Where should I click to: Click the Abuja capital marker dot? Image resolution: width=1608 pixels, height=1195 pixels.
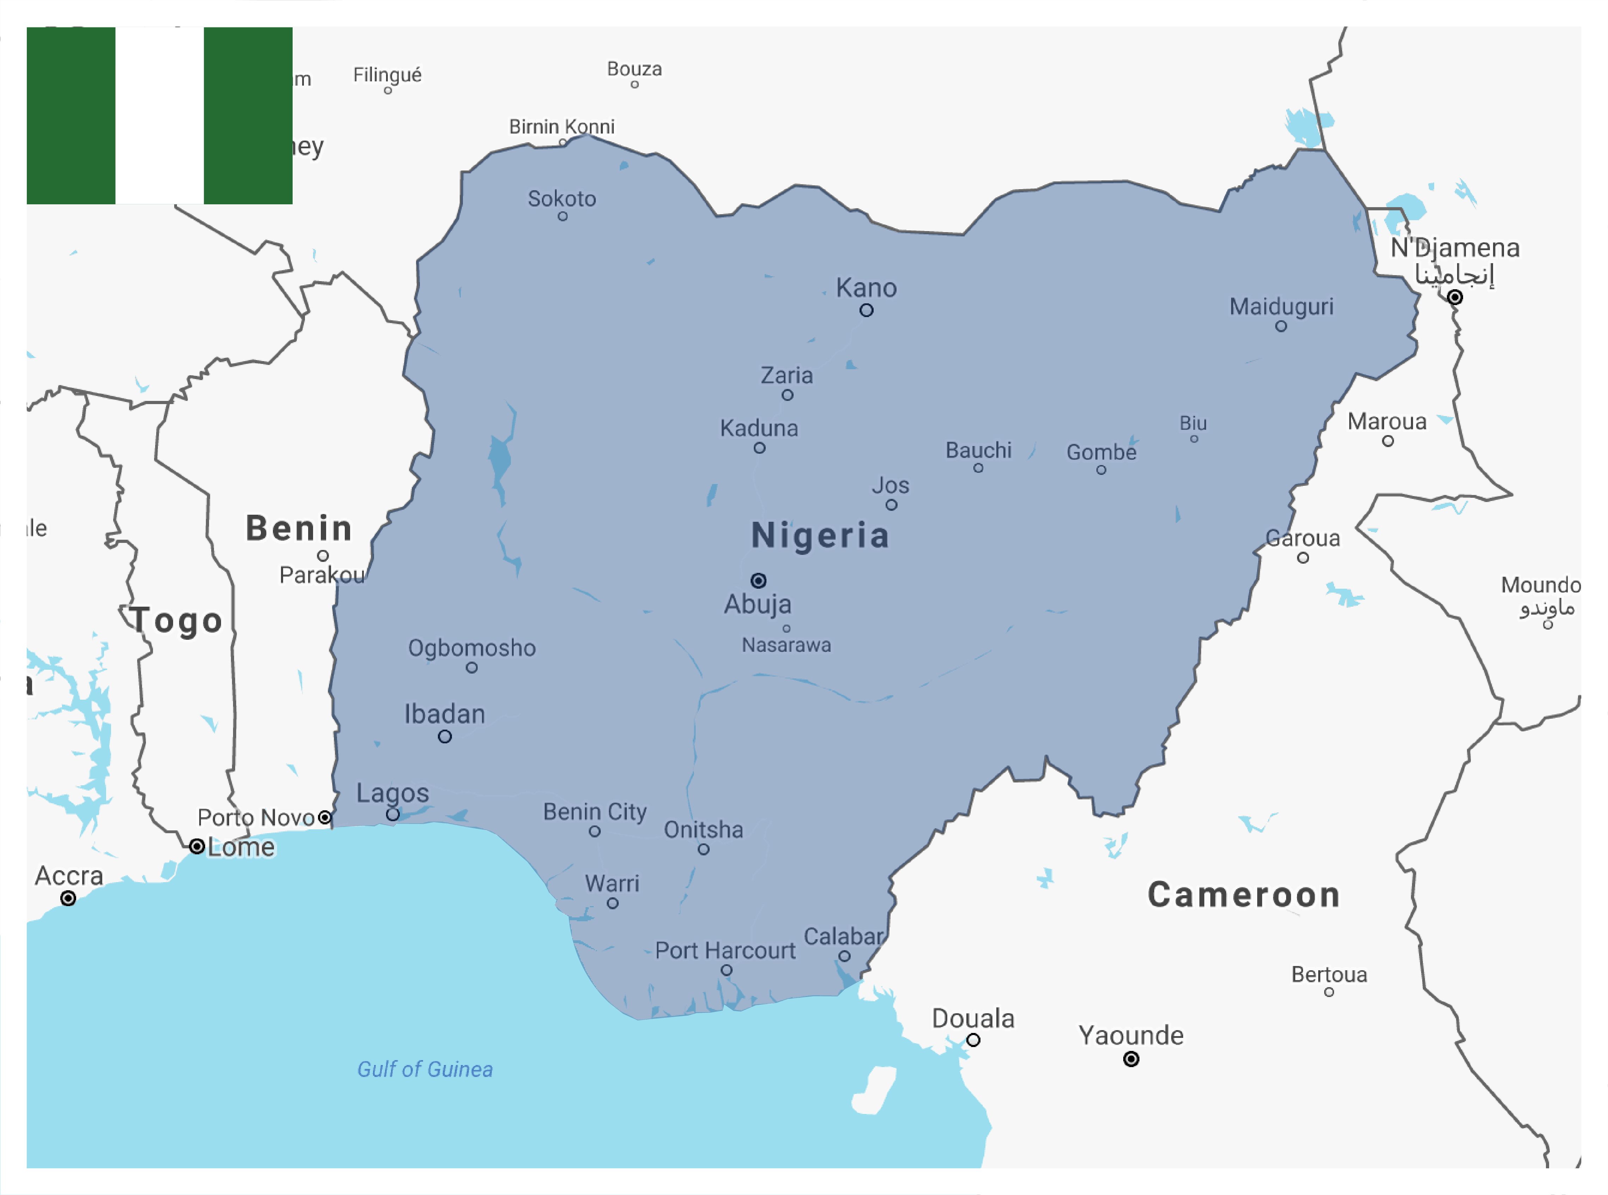(758, 580)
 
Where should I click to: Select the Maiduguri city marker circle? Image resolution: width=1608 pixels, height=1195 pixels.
(1280, 326)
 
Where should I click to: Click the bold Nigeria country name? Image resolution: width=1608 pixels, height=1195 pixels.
(820, 535)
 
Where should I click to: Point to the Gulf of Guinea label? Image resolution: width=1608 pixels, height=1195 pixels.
(425, 1069)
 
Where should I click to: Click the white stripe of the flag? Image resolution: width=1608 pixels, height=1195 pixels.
(159, 116)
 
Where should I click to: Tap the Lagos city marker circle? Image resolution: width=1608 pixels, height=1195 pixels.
(392, 815)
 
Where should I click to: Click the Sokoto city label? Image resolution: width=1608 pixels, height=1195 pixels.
(562, 199)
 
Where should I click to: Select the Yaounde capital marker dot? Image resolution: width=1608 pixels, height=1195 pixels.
(1130, 1059)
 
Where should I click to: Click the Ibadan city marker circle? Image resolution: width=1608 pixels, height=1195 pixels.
(444, 736)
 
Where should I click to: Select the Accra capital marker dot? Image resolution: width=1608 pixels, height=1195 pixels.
(68, 898)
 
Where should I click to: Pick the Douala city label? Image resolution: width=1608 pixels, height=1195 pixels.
(973, 1018)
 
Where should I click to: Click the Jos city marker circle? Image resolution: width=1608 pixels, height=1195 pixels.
(891, 505)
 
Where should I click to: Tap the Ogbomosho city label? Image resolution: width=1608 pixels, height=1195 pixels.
(472, 648)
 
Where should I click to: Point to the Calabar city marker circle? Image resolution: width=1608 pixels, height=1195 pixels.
(844, 956)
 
